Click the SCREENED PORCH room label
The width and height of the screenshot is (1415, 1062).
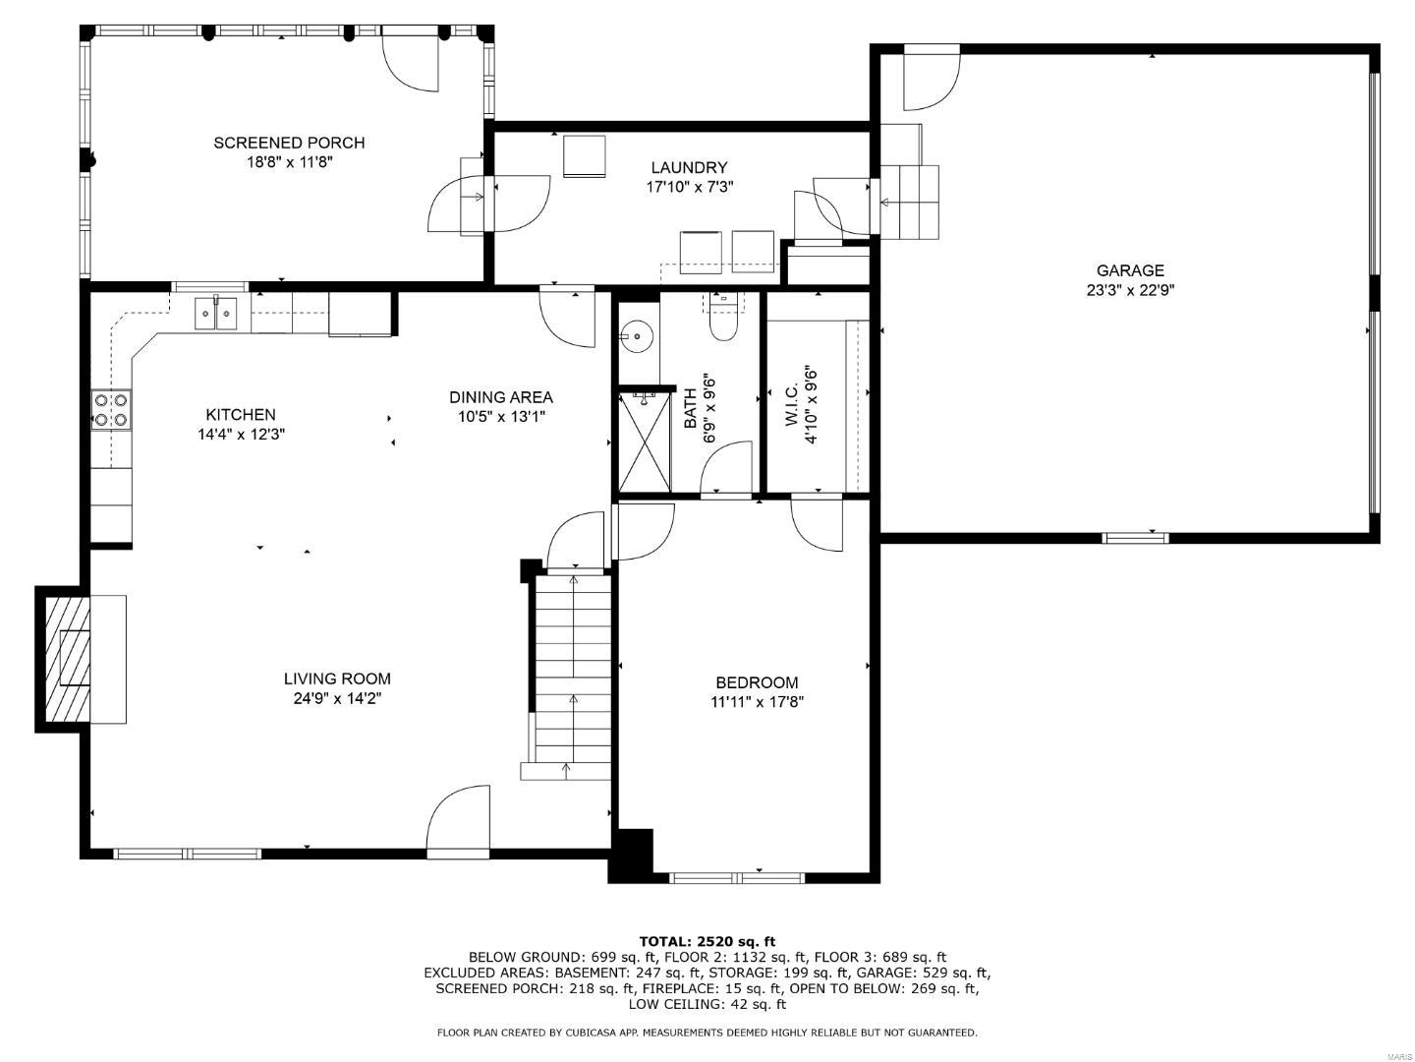pyautogui.click(x=289, y=143)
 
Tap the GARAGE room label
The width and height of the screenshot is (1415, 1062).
pyautogui.click(x=1130, y=270)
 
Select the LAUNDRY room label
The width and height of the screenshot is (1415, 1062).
pyautogui.click(x=689, y=167)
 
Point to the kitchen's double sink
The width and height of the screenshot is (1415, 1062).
pyautogui.click(x=215, y=314)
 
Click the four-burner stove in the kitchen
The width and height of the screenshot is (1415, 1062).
pyautogui.click(x=111, y=409)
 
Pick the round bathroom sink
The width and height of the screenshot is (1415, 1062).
pyautogui.click(x=637, y=336)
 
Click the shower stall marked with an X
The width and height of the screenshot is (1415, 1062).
pyautogui.click(x=645, y=442)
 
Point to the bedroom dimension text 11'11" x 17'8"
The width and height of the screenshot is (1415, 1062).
pyautogui.click(x=757, y=701)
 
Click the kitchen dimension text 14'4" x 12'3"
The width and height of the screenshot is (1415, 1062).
pyautogui.click(x=241, y=434)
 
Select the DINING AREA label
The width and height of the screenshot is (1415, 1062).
pyautogui.click(x=501, y=397)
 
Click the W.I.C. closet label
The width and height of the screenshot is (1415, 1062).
pyautogui.click(x=792, y=404)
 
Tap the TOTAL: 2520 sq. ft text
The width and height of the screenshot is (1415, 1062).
pyautogui.click(x=707, y=941)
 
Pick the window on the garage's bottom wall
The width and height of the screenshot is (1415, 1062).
pyautogui.click(x=1135, y=538)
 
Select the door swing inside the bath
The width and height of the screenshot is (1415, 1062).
pyautogui.click(x=726, y=467)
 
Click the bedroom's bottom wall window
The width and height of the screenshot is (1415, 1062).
pyautogui.click(x=737, y=877)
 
